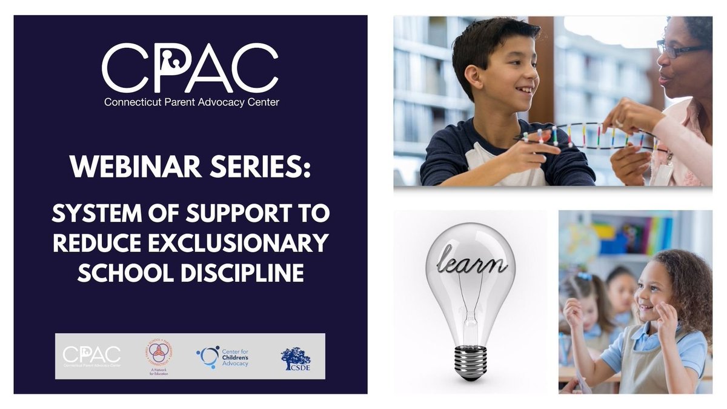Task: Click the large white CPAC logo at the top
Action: click(x=190, y=68)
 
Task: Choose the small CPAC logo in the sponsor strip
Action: click(x=91, y=356)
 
